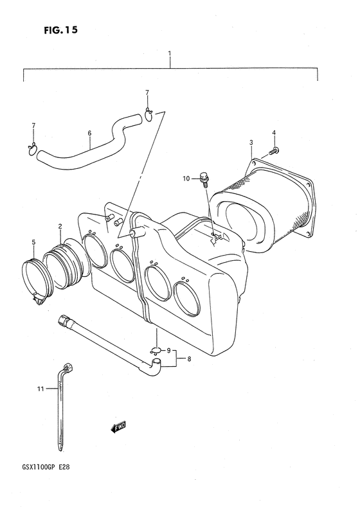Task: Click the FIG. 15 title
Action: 61,31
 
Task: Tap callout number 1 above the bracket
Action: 170,53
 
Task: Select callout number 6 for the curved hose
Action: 89,133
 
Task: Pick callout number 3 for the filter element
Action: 251,142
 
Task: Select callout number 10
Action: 186,178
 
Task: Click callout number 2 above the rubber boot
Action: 60,227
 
